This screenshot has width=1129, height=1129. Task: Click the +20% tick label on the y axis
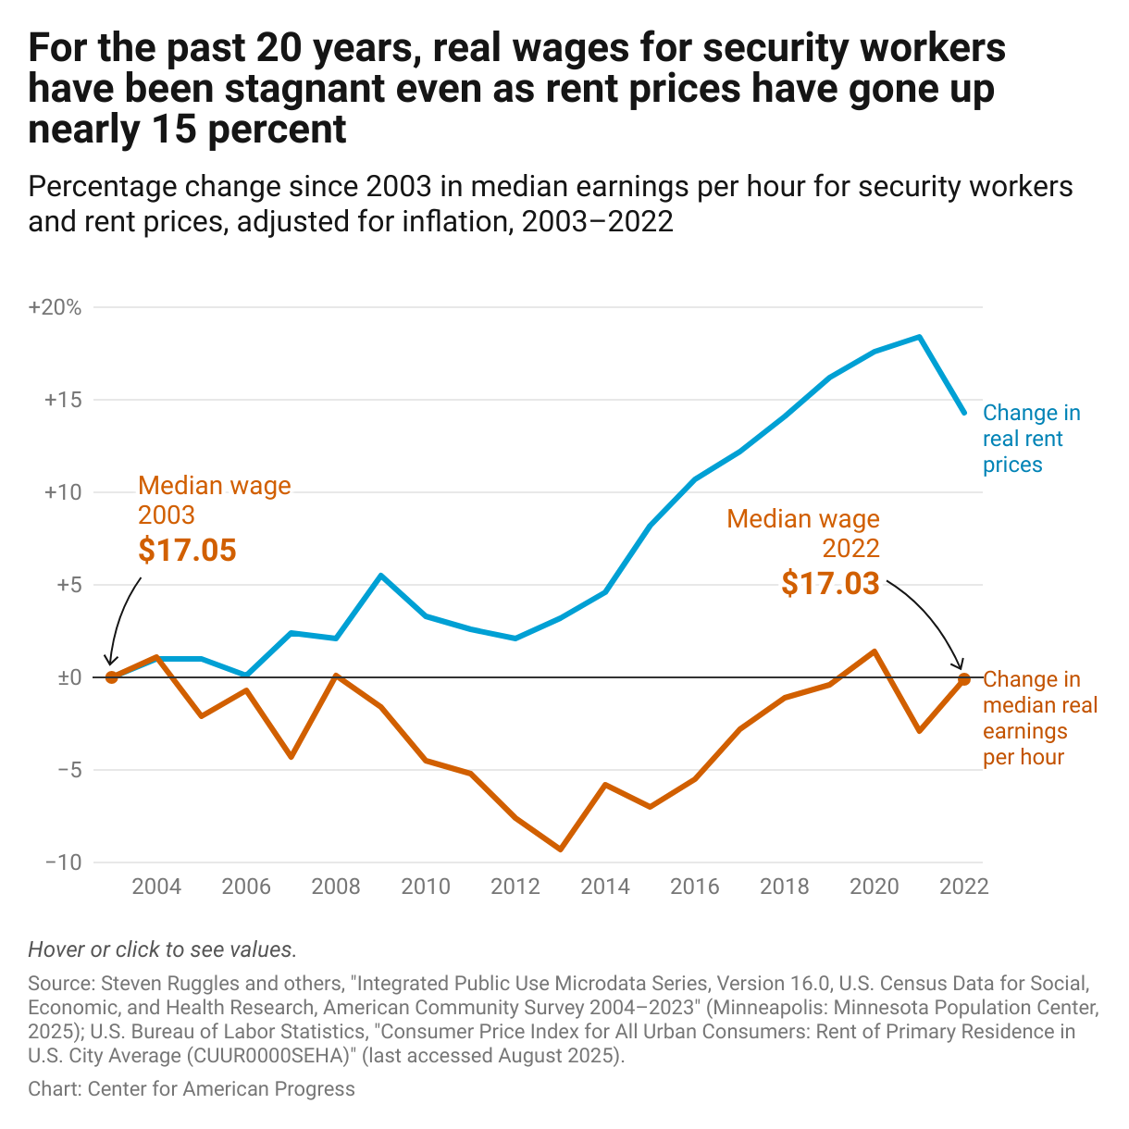click(56, 308)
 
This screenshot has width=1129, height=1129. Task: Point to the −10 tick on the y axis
click(62, 862)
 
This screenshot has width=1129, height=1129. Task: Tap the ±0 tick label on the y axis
click(69, 677)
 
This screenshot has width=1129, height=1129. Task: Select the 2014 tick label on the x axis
click(605, 887)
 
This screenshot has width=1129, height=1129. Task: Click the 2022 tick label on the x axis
click(963, 887)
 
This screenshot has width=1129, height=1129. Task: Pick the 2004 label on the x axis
click(156, 887)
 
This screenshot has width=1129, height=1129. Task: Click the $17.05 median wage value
click(187, 550)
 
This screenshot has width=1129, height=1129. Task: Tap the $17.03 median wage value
click(830, 583)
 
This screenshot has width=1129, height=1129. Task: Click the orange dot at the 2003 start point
click(112, 677)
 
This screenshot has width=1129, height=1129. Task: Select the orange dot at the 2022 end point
click(964, 678)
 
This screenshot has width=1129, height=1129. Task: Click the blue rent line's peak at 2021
click(919, 337)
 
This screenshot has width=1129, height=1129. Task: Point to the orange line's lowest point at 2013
click(561, 850)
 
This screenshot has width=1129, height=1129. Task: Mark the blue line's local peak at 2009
click(381, 576)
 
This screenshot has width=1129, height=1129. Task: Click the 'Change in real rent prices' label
click(1031, 439)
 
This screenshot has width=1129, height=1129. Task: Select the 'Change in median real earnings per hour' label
click(1039, 718)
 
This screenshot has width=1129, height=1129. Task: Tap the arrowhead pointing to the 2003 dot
click(109, 661)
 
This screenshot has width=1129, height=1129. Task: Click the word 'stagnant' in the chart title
click(303, 89)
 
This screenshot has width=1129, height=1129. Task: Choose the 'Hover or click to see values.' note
click(163, 949)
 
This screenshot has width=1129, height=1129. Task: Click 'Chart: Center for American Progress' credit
click(192, 1089)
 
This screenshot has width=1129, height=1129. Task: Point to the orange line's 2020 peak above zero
click(875, 651)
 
